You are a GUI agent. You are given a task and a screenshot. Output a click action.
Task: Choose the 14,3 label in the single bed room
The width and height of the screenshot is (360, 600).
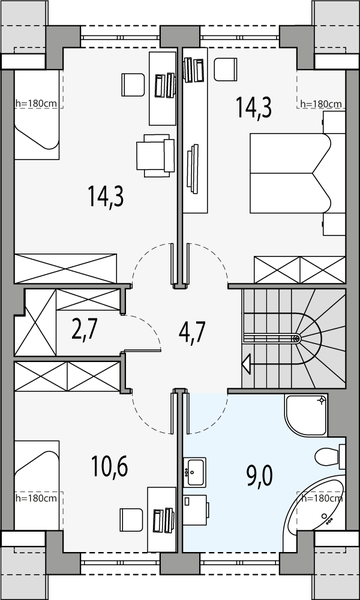(104, 196)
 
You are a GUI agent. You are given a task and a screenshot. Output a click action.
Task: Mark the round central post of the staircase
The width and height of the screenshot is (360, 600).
(296, 339)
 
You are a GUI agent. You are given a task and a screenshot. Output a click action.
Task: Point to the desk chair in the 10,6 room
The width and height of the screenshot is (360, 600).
(130, 520)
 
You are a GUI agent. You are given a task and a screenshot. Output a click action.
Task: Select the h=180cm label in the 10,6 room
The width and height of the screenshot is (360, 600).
(37, 497)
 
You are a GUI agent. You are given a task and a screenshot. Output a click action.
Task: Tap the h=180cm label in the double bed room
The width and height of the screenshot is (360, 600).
(321, 104)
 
